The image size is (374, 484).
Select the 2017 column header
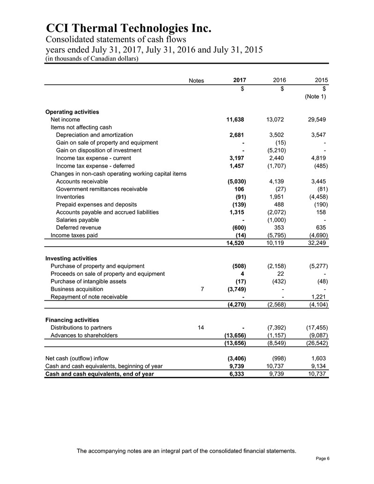point(240,81)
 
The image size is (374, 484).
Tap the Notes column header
point(196,81)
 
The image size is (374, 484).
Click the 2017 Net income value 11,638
point(236,119)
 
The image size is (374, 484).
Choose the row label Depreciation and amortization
point(94,135)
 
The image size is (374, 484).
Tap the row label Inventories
point(70,197)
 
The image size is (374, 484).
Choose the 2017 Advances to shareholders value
point(233,335)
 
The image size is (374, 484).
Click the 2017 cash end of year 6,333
point(239,374)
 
